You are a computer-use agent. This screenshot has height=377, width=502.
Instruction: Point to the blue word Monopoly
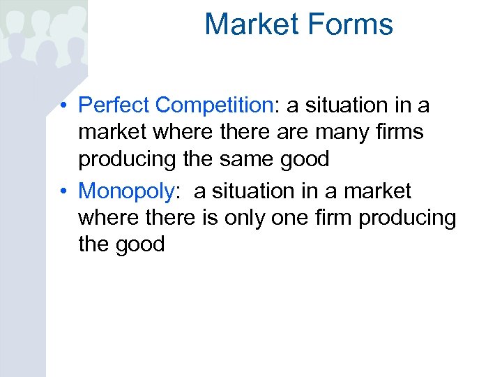tap(125, 191)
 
